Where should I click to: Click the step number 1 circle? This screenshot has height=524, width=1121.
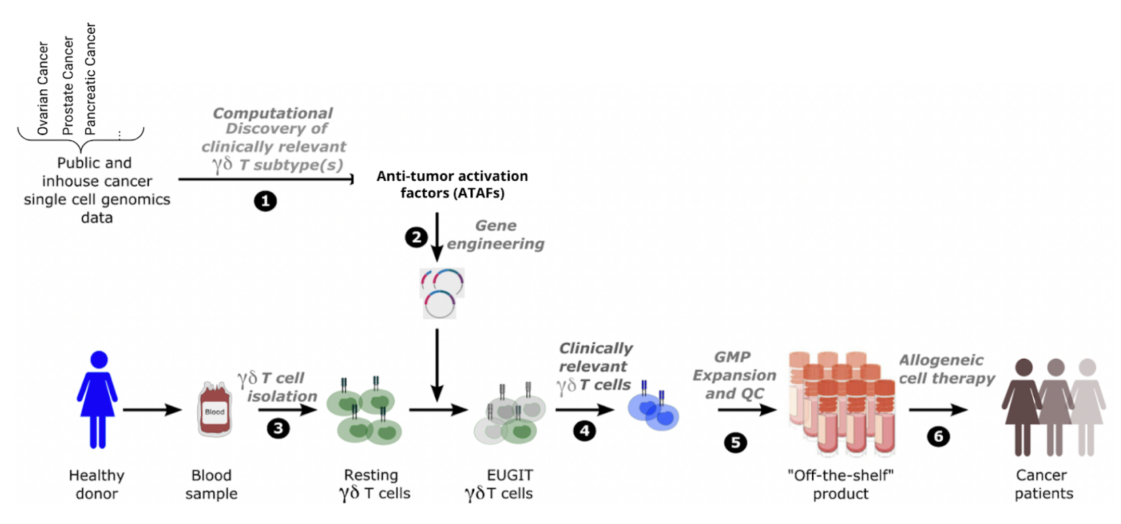pos(265,201)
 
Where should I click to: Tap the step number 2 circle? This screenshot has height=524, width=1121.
pos(416,237)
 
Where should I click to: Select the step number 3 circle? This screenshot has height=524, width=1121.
pos(278,429)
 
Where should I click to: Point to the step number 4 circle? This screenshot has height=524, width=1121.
pos(584,431)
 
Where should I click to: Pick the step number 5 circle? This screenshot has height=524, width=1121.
pos(735,443)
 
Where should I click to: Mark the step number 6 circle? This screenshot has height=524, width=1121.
pos(938,436)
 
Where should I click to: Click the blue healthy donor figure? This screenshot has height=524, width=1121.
pos(98,399)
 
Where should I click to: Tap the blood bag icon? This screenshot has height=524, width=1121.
pos(214,409)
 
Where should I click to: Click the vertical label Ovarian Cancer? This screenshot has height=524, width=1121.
pos(43,88)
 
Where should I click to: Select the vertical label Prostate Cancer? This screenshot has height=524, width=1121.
pos(68,86)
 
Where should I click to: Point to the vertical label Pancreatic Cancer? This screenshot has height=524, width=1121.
pos(90,79)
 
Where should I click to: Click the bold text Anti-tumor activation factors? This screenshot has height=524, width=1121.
pos(452,184)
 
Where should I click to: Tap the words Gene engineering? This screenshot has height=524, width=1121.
pos(495,235)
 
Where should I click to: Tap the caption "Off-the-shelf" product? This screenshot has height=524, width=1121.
pos(840,484)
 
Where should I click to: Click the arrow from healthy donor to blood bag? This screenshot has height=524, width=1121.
pos(152,410)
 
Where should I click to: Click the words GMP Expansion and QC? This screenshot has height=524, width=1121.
pos(734,375)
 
